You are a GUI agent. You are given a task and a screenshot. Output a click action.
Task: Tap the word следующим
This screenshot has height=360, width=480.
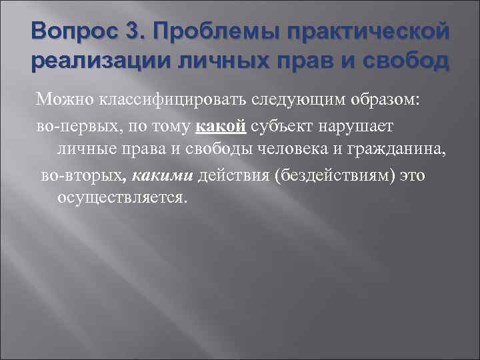click(297, 100)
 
